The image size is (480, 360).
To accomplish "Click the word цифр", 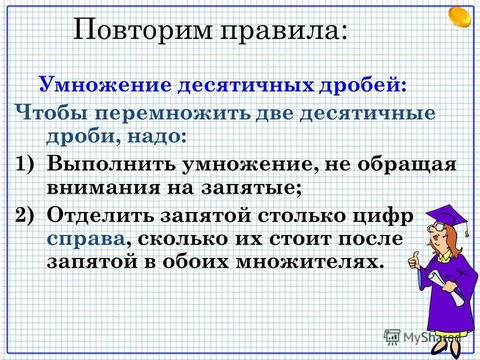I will pyautogui.click(x=385, y=216).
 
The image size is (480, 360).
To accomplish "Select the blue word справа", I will pyautogui.click(x=85, y=238).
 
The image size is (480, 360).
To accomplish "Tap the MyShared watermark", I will pyautogui.click(x=422, y=336).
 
